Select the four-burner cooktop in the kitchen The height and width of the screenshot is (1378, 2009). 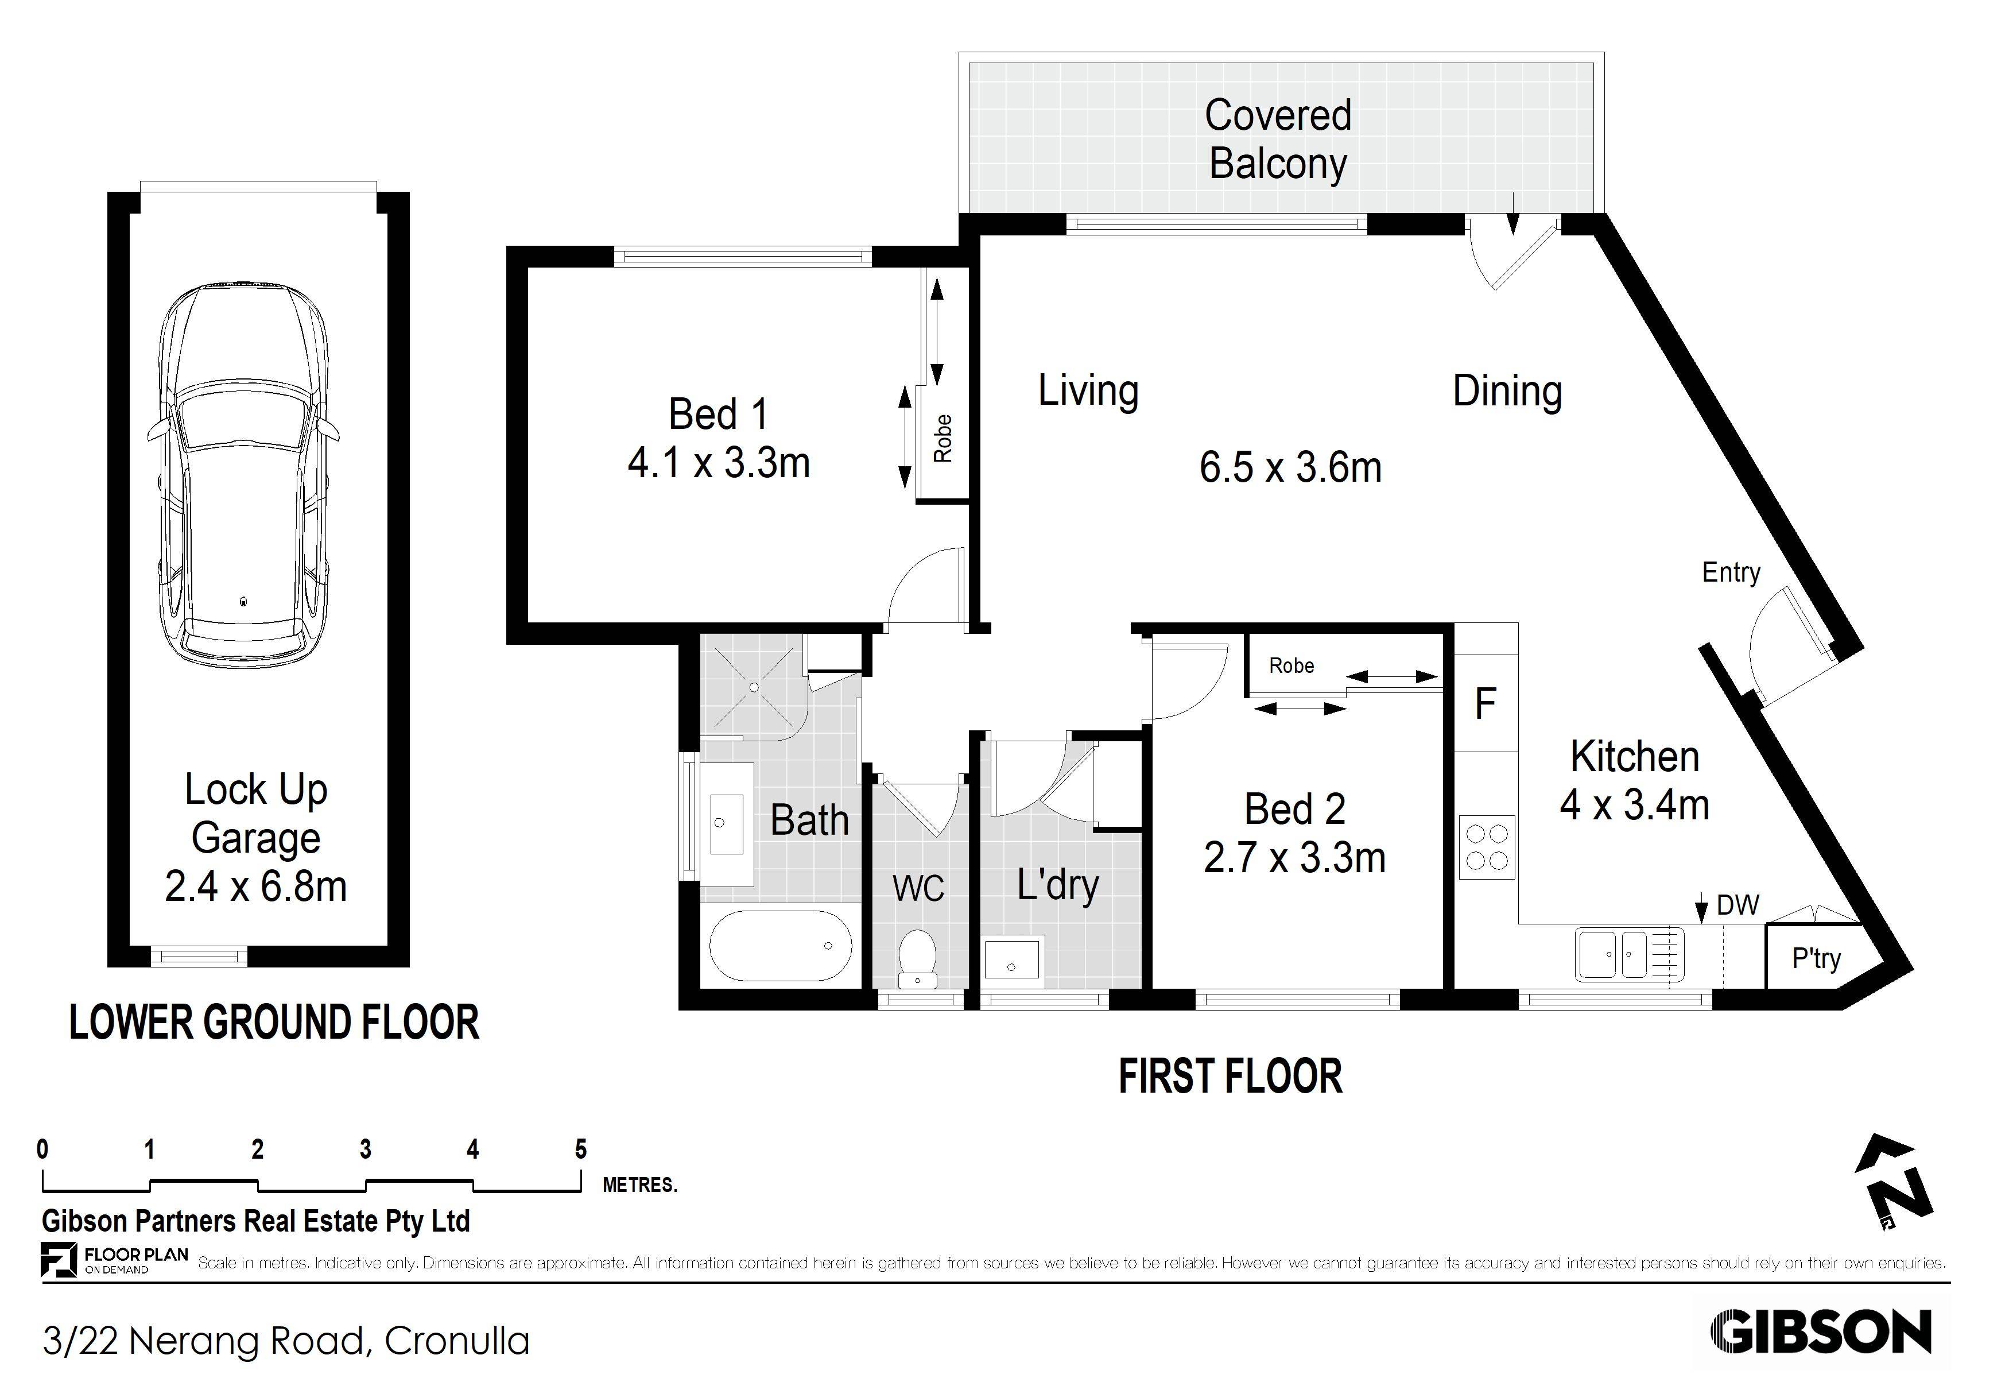pyautogui.click(x=1487, y=847)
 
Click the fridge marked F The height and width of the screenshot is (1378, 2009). pyautogui.click(x=1485, y=704)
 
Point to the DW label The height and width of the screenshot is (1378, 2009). pyautogui.click(x=1737, y=905)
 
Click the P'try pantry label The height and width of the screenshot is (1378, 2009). pyautogui.click(x=1816, y=958)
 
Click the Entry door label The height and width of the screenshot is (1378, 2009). pyautogui.click(x=1731, y=572)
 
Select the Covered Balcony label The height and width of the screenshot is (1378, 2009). pyautogui.click(x=1278, y=139)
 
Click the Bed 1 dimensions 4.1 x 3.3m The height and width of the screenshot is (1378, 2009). pyautogui.click(x=719, y=463)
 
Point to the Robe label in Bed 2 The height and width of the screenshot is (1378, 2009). pyautogui.click(x=1290, y=665)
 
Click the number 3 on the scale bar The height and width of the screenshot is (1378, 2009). pyautogui.click(x=366, y=1150)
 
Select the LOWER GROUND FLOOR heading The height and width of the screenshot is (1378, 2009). pyautogui.click(x=274, y=1023)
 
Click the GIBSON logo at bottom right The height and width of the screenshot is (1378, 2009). pyautogui.click(x=1821, y=1332)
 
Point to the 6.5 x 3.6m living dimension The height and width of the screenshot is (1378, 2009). pyautogui.click(x=1290, y=468)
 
